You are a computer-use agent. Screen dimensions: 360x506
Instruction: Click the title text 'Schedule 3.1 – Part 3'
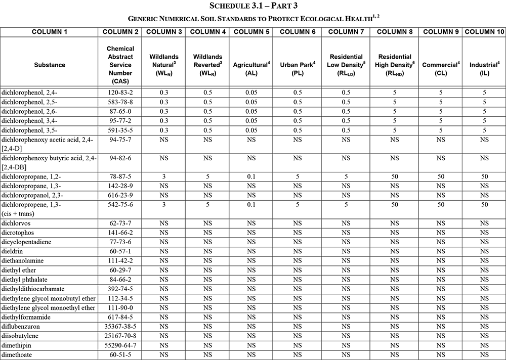[x=253, y=6]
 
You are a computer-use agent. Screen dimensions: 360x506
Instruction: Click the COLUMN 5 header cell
[x=250, y=32]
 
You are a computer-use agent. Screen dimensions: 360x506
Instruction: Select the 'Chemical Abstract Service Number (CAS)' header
[x=120, y=65]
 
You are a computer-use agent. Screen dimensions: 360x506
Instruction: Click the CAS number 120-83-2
[x=120, y=93]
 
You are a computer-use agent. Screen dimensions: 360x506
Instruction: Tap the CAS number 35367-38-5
[x=120, y=327]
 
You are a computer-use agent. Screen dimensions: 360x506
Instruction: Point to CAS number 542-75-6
[x=120, y=205]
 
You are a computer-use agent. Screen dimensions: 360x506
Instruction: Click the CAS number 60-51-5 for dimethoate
[x=120, y=355]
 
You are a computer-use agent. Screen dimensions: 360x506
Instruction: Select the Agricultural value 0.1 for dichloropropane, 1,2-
[x=250, y=177]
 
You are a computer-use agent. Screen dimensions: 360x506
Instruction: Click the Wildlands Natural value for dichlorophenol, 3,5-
[x=163, y=129]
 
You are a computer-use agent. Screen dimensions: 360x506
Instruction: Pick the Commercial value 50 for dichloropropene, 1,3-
[x=441, y=205]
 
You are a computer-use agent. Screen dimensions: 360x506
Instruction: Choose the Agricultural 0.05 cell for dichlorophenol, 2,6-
[x=250, y=111]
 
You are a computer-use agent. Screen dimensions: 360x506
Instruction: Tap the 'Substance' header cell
[x=50, y=65]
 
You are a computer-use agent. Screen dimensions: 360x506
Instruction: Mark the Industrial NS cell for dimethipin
[x=484, y=345]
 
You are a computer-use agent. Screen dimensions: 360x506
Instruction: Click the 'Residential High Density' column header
[x=395, y=65]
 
